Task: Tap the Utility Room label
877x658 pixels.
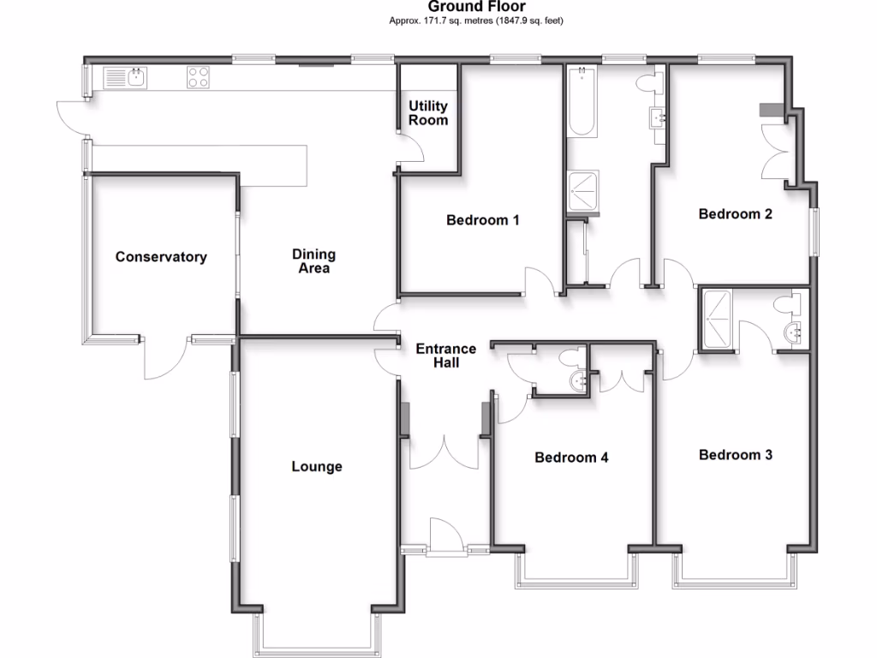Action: point(427,113)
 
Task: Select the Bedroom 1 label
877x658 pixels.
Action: point(483,220)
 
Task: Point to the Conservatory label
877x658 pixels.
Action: point(161,257)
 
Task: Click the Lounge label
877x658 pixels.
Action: point(316,467)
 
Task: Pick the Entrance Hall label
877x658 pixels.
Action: point(445,356)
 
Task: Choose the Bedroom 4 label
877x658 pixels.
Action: point(571,458)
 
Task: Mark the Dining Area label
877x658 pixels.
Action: point(313,261)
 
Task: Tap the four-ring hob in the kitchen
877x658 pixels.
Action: point(199,78)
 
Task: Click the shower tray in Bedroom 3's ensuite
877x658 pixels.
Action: point(716,320)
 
